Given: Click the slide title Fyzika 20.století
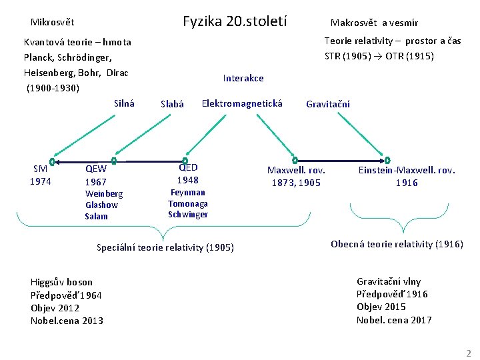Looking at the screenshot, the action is pyautogui.click(x=235, y=21).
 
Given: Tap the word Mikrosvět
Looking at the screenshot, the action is pyautogui.click(x=52, y=21).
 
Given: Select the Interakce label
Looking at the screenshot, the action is pyautogui.click(x=243, y=78).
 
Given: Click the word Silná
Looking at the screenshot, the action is pyautogui.click(x=124, y=103).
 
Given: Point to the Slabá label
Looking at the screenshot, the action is pyautogui.click(x=172, y=104).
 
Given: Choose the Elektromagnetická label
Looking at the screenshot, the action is pyautogui.click(x=242, y=103).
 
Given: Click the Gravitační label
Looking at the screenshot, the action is pyautogui.click(x=327, y=104).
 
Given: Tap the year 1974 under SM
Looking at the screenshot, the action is pyautogui.click(x=41, y=181).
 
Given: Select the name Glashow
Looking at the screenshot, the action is pyautogui.click(x=101, y=205).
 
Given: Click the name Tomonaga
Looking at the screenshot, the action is pyautogui.click(x=188, y=203).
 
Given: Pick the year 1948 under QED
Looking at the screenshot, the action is pyautogui.click(x=187, y=180).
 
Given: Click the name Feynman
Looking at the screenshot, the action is pyautogui.click(x=188, y=193).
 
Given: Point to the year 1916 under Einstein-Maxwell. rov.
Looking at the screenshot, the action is pyautogui.click(x=407, y=182).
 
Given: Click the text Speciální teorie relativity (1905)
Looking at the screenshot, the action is pyautogui.click(x=165, y=247).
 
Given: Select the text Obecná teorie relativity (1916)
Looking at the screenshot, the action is pyautogui.click(x=397, y=244).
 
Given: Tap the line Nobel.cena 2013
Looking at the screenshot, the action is pyautogui.click(x=67, y=321).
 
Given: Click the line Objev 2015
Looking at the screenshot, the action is pyautogui.click(x=381, y=307).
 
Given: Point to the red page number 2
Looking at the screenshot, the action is pyautogui.click(x=468, y=353).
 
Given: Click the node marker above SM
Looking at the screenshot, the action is pyautogui.click(x=52, y=161).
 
